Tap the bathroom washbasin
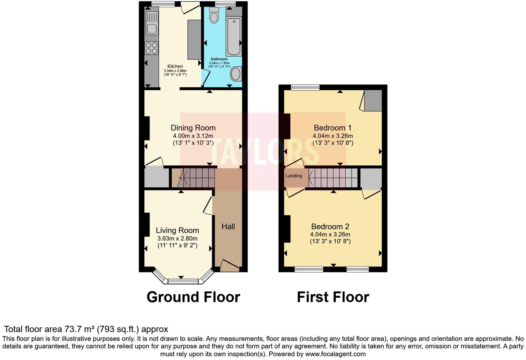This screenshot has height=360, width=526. pyautogui.click(x=236, y=74)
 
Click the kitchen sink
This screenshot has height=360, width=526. pyautogui.click(x=152, y=24)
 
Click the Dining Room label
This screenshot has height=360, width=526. pyautogui.click(x=193, y=128)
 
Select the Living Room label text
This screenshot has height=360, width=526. pyautogui.click(x=177, y=230)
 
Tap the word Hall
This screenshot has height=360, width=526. pyautogui.click(x=228, y=227)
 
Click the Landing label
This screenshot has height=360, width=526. pyautogui.click(x=293, y=176)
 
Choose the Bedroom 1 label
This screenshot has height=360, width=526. pyautogui.click(x=333, y=128)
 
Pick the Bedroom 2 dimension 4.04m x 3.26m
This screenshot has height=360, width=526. pyautogui.click(x=330, y=234)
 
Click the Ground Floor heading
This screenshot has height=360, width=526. pyautogui.click(x=193, y=297)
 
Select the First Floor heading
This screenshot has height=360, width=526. pyautogui.click(x=333, y=297)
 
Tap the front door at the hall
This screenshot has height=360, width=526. pyautogui.click(x=229, y=265)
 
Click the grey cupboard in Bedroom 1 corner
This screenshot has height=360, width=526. pyautogui.click(x=373, y=101)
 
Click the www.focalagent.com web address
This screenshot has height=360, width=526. pyautogui.click(x=335, y=354)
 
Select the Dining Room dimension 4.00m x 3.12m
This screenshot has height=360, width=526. pyautogui.click(x=193, y=136)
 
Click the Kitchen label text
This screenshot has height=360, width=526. pyautogui.click(x=175, y=66)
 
